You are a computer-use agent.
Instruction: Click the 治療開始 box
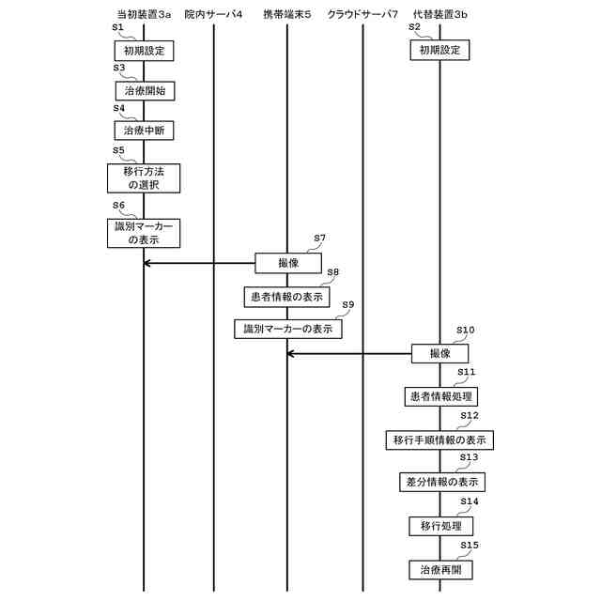click(x=144, y=91)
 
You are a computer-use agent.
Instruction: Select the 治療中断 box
click(x=144, y=130)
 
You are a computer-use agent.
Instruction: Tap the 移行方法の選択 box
click(x=143, y=178)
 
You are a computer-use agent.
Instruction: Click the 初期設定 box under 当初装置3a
click(x=144, y=51)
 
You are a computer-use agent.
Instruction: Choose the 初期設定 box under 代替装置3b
click(x=439, y=51)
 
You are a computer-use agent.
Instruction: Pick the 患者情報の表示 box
click(x=286, y=297)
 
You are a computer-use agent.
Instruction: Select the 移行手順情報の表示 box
click(x=440, y=439)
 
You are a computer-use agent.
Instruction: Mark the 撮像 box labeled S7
click(x=288, y=263)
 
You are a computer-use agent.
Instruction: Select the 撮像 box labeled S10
click(x=439, y=353)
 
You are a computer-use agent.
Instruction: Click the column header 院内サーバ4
click(x=214, y=15)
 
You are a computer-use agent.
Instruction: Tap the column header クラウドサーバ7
click(x=363, y=15)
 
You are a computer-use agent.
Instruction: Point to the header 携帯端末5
click(x=286, y=15)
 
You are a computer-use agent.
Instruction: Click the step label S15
click(x=470, y=545)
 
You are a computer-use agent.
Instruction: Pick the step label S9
click(x=347, y=305)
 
